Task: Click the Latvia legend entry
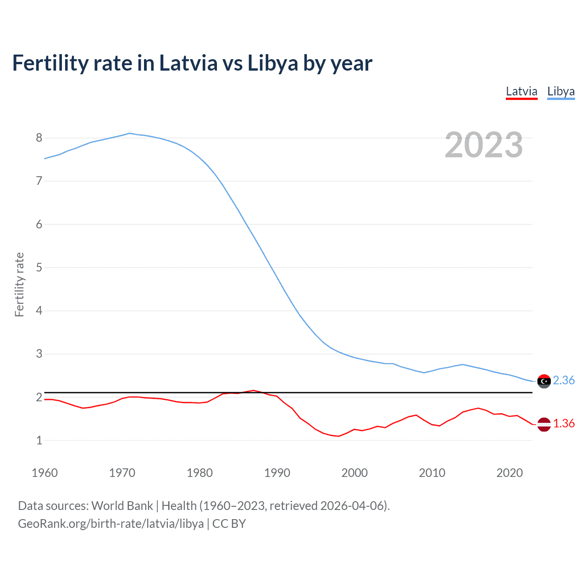coord(521,91)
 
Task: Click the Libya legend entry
coord(561,91)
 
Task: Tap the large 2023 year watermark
coord(484,145)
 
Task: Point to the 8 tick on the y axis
coord(39,138)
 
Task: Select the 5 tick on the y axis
coord(39,267)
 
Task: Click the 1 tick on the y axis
coord(39,440)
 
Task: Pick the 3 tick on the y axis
coord(39,354)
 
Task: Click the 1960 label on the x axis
coord(44,473)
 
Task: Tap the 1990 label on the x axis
coord(277,473)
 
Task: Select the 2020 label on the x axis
coord(509,473)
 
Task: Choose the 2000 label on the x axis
coord(354,473)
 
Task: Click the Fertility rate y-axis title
coord(19,284)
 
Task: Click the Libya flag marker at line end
coord(544,381)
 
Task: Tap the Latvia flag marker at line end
coord(544,424)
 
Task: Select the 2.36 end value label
coord(564,381)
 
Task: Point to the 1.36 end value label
coord(564,424)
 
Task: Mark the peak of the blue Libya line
coord(129,133)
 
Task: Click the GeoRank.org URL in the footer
coord(111,524)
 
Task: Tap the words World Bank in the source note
coord(122,506)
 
